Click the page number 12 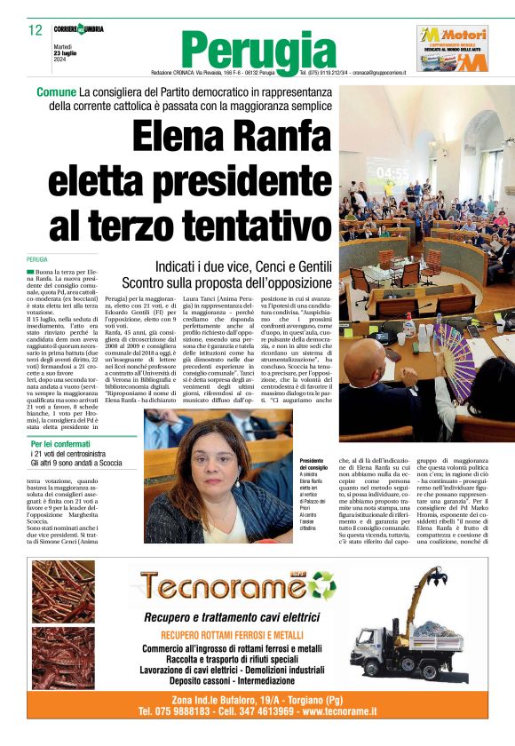coord(36,30)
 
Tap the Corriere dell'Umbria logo coord(81,29)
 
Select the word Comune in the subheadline coord(56,92)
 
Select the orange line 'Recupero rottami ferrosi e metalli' coord(243,635)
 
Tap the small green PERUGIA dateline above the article coord(37,259)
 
